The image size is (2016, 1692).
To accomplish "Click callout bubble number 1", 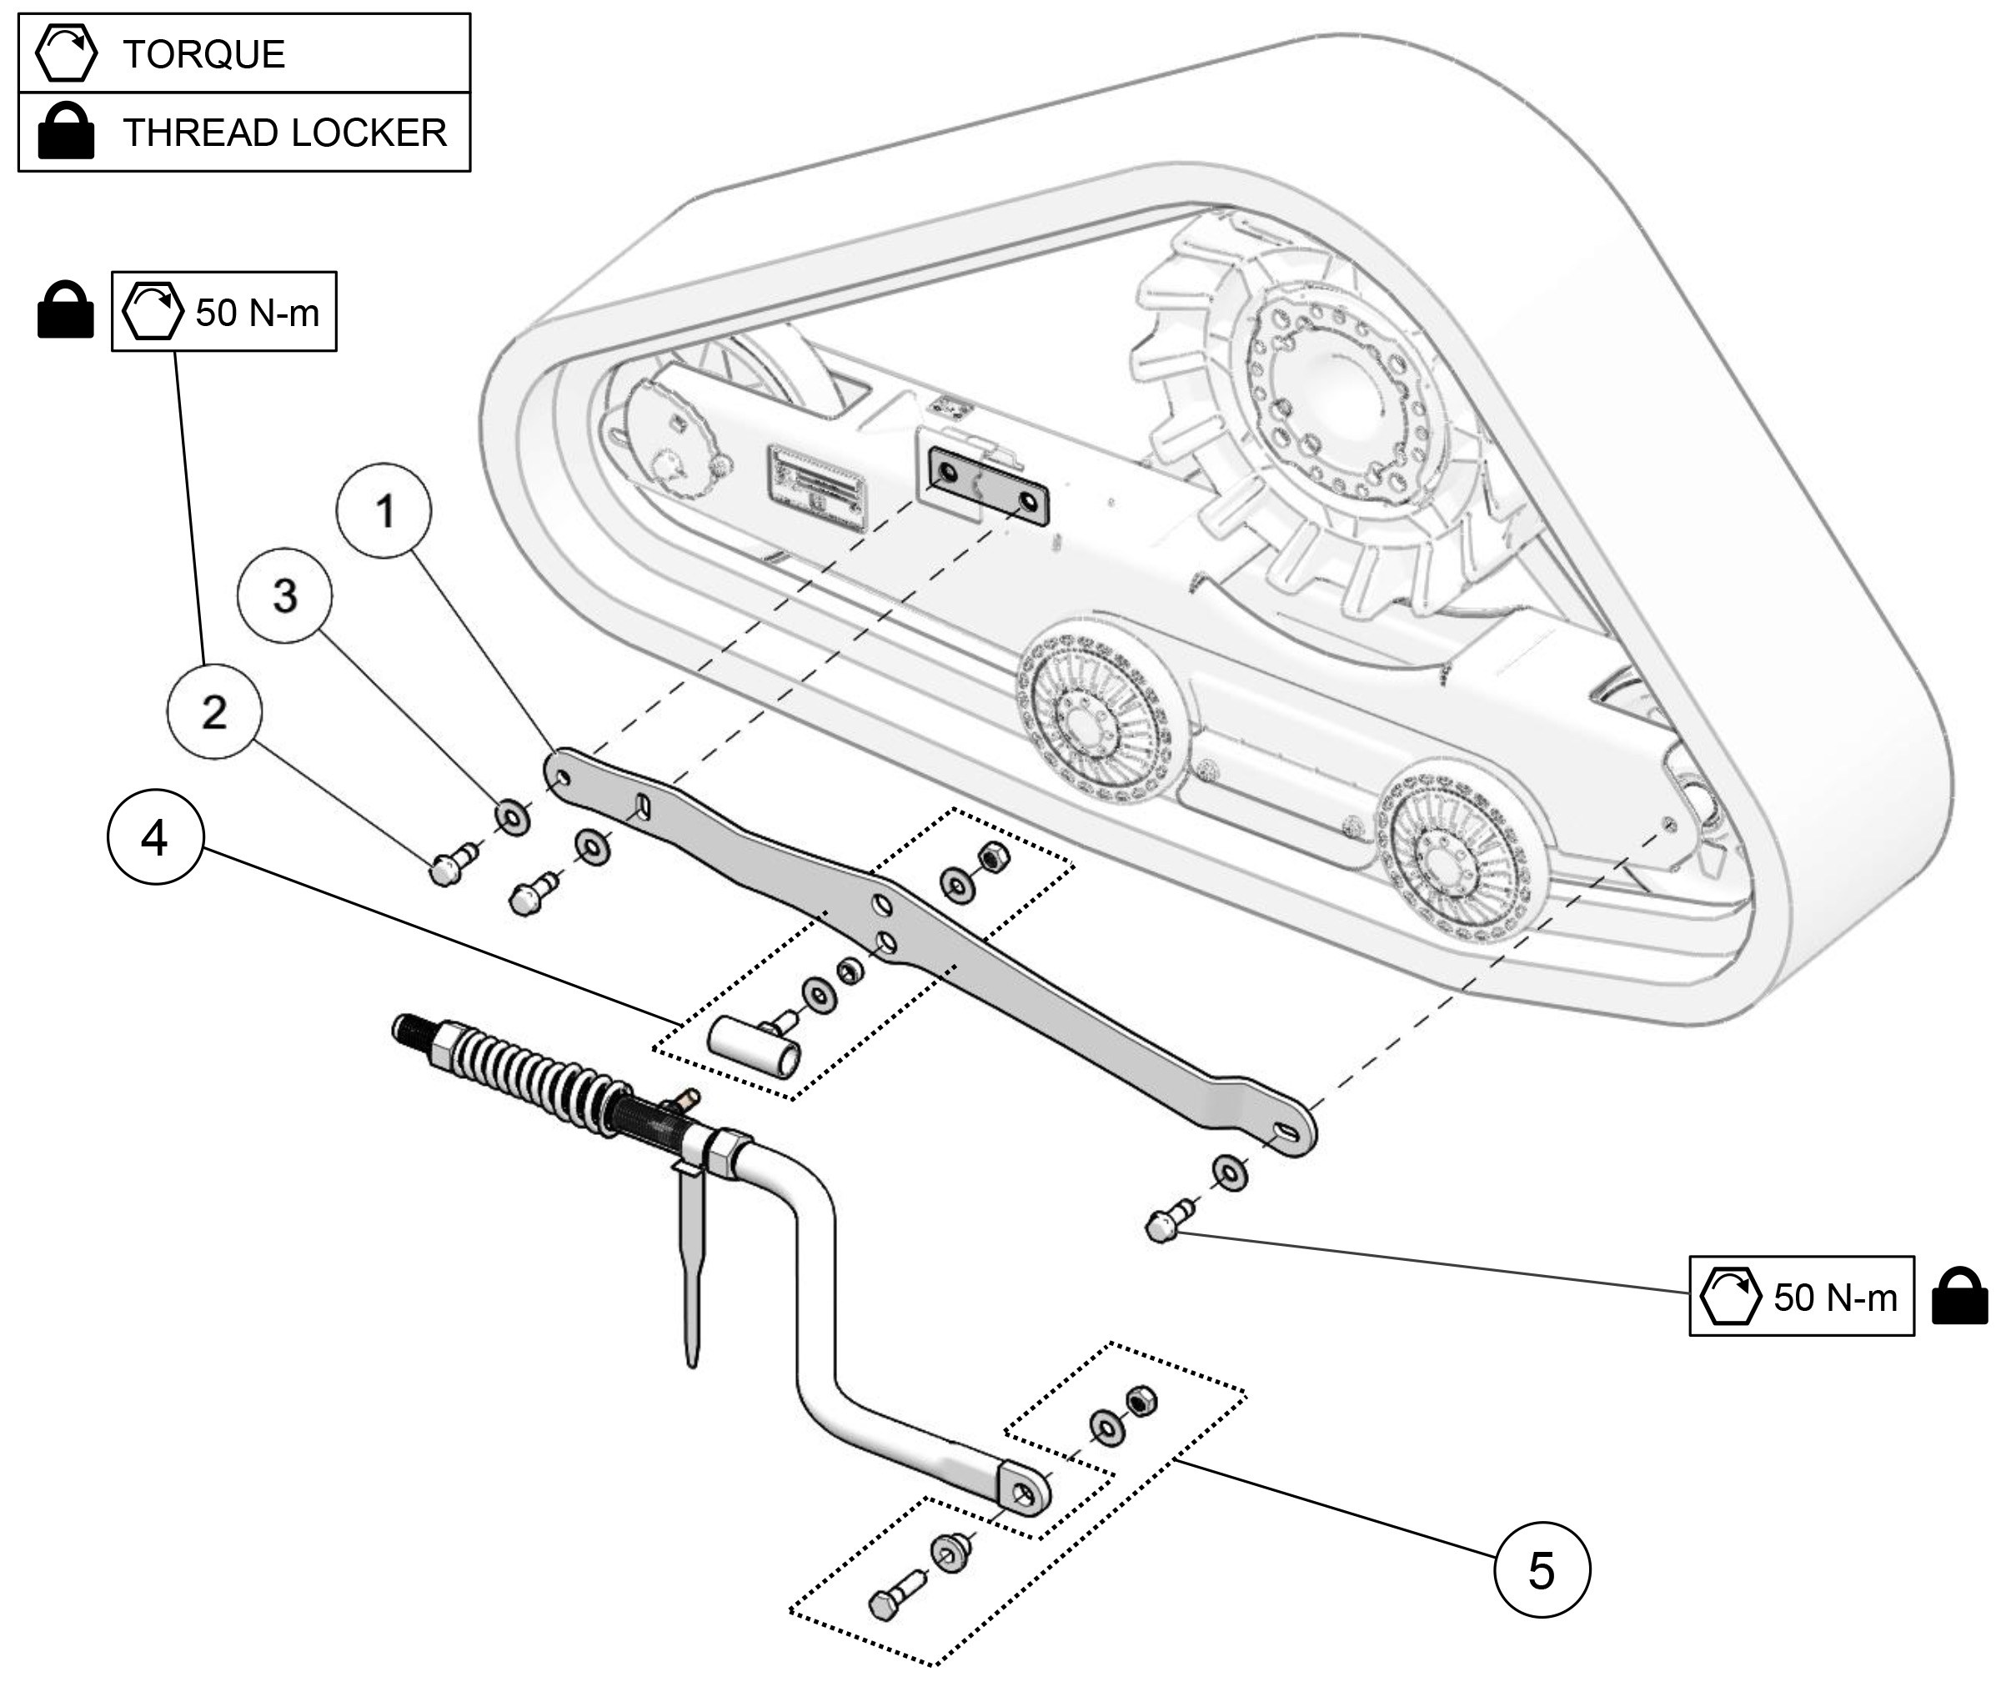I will pos(384,511).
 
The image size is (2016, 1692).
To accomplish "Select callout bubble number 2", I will pos(214,712).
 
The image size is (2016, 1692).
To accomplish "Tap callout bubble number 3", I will pos(285,596).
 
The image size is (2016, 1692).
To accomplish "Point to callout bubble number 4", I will pos(154,838).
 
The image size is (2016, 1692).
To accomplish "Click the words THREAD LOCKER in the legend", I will pos(284,133).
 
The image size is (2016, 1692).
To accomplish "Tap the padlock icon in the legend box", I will pos(65,133).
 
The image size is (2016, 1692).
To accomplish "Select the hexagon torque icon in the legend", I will pos(65,53).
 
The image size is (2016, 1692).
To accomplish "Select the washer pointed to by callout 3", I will pos(512,817).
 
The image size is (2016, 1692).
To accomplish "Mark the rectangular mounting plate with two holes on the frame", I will pos(989,488).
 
